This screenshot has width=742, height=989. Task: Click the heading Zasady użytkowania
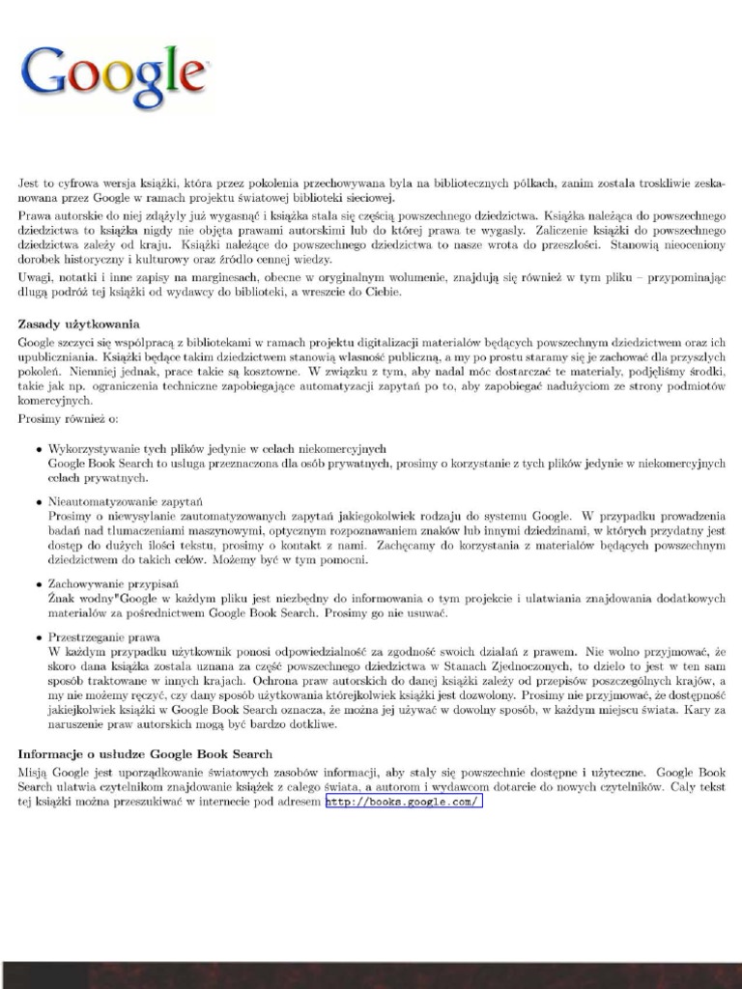tap(79, 324)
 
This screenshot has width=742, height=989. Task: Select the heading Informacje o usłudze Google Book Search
tap(145, 753)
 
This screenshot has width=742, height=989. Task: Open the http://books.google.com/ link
tap(404, 802)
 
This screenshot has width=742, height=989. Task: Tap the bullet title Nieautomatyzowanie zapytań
tap(126, 502)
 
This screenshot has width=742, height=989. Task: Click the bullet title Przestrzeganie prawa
tap(104, 637)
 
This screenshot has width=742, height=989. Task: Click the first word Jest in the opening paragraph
tap(29, 183)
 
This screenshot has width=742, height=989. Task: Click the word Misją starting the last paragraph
tap(35, 773)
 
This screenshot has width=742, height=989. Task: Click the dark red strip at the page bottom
tap(371, 975)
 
